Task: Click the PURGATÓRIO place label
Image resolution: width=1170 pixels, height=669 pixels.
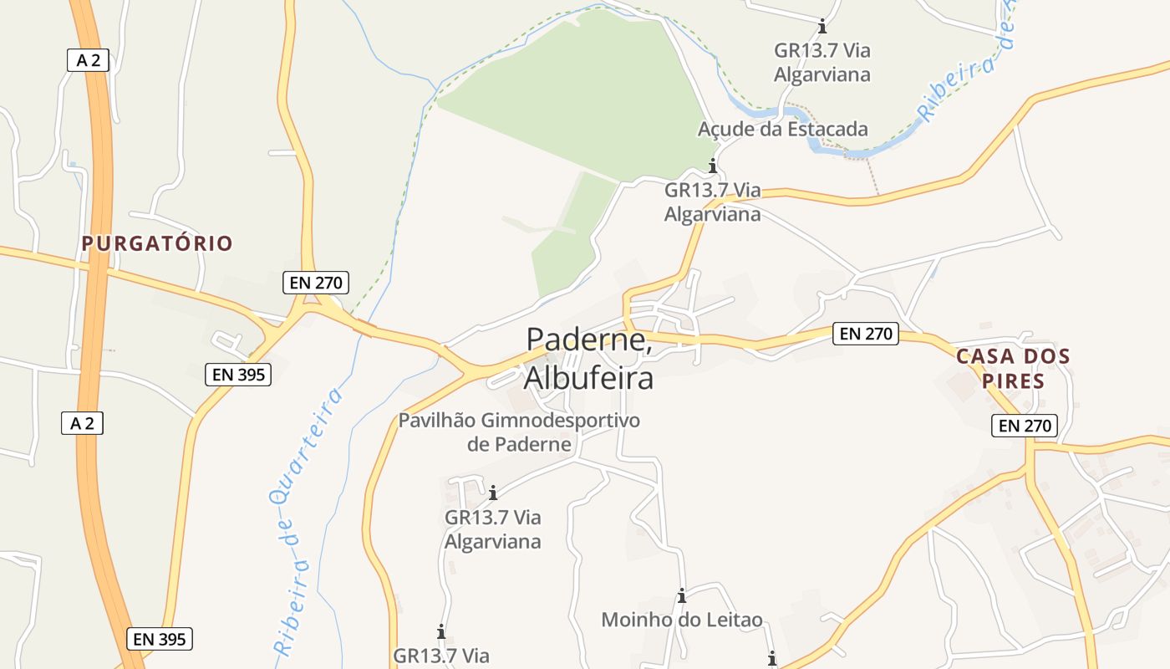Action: [157, 243]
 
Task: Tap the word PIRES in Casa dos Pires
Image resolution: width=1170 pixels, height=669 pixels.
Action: [1013, 381]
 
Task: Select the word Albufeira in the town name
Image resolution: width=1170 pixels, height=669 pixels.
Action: [588, 378]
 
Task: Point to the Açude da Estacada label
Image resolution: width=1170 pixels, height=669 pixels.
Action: [782, 129]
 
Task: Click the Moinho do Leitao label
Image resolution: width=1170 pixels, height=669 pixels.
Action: [682, 620]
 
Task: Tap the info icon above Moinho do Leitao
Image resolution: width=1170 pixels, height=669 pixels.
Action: [682, 596]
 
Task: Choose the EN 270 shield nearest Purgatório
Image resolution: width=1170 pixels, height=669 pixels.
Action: [316, 283]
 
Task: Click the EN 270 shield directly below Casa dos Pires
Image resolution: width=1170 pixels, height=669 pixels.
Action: [1025, 426]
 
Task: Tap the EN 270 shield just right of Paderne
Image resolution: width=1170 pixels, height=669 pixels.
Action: [866, 334]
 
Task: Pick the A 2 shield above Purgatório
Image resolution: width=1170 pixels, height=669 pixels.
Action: [88, 59]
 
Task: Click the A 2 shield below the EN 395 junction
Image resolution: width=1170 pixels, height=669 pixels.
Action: [82, 423]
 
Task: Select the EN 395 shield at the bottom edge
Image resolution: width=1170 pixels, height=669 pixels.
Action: [160, 640]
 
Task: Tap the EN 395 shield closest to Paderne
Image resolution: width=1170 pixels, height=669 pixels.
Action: [238, 375]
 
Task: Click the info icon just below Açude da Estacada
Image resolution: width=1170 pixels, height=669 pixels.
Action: [713, 166]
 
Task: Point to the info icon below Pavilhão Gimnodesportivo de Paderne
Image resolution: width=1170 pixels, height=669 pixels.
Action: [493, 493]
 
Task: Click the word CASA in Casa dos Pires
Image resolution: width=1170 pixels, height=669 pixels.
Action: [984, 356]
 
